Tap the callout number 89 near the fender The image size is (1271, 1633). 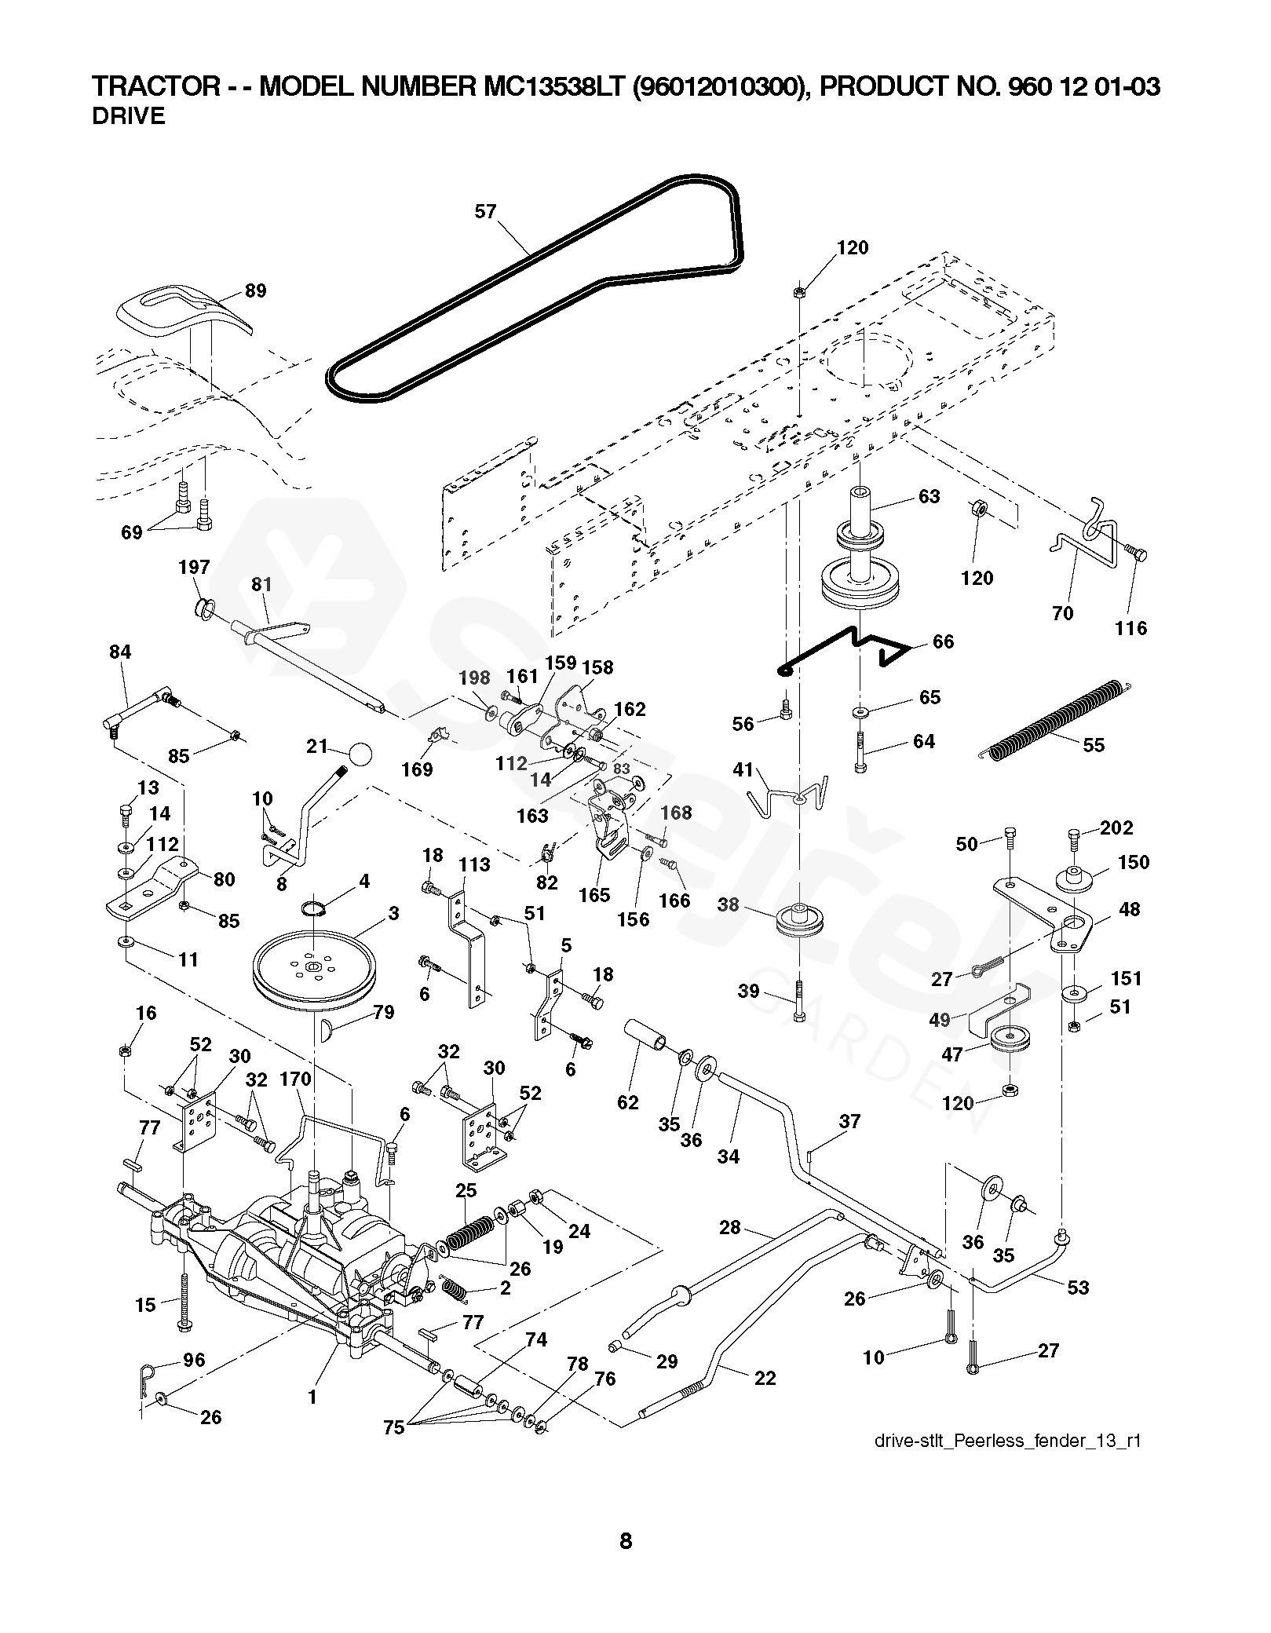coord(256,290)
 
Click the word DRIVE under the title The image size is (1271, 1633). coord(129,116)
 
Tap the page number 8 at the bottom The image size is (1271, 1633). coord(626,1541)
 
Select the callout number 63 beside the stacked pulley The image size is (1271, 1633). coord(929,497)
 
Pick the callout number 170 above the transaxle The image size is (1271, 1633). coord(296,1080)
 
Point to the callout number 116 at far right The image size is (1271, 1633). coord(1131,628)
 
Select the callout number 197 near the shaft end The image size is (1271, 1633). coord(195,567)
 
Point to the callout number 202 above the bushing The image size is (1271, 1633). coord(1117,827)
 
